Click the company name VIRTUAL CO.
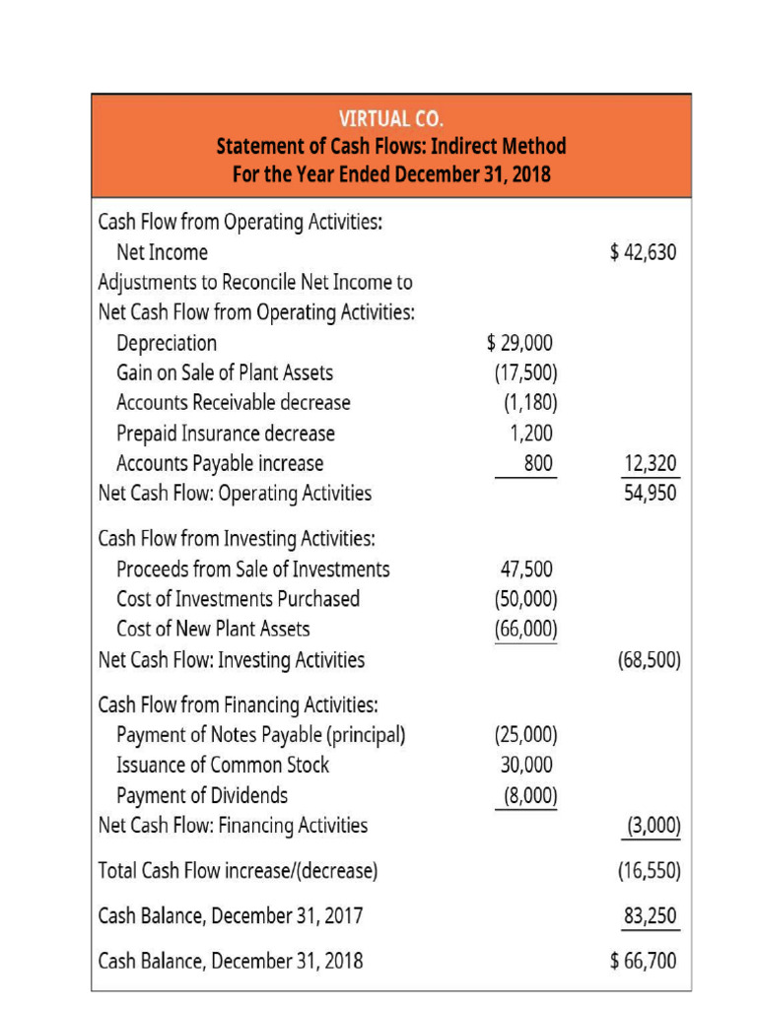tap(391, 119)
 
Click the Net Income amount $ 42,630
tap(644, 252)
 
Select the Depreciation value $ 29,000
tap(520, 343)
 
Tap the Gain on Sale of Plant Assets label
tap(225, 372)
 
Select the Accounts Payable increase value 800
tap(538, 463)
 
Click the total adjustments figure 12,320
tap(651, 463)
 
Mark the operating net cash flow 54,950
tap(651, 493)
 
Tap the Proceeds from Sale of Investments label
tap(253, 570)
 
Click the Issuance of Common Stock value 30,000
tap(526, 765)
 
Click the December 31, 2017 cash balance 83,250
tap(651, 915)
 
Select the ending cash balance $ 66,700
tap(644, 959)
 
